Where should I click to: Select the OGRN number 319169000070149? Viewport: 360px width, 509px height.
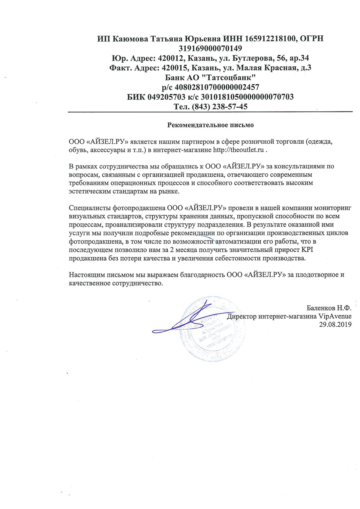210,48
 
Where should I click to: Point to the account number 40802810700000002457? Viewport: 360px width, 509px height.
217,87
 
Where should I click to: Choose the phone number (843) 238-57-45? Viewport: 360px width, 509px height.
220,107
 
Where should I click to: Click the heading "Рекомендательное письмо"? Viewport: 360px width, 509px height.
210,125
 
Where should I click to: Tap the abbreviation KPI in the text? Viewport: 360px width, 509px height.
307,250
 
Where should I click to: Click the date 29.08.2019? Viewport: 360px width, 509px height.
335,324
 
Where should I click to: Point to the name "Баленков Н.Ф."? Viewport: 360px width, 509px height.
329,308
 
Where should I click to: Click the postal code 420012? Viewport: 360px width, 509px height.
169,58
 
